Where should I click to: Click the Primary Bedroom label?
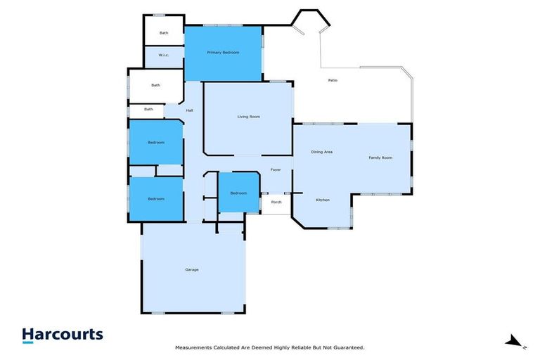223,53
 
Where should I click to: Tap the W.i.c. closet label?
163,56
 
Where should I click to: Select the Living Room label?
248,116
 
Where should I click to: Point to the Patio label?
333,80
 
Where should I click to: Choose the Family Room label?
380,157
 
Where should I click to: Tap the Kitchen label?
322,200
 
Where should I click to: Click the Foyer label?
276,169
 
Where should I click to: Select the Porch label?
276,202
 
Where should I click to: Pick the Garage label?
191,269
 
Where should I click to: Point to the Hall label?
190,110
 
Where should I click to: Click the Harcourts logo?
63,335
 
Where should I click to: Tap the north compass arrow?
514,342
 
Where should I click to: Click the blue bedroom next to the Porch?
238,193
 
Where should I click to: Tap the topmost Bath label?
164,32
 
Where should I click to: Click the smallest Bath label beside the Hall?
148,109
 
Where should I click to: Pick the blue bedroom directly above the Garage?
155,199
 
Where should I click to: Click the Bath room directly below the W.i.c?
155,86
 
